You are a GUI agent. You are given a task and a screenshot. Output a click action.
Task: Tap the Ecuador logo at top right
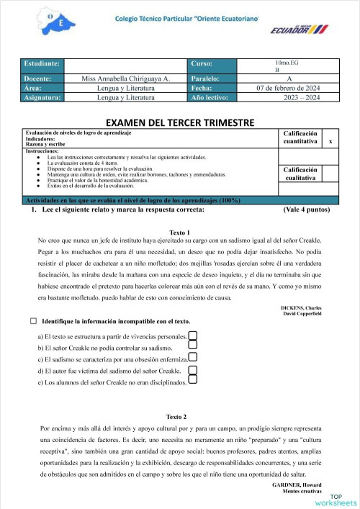tap(298, 28)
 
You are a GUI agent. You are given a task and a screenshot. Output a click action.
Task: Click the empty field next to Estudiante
tap(127, 65)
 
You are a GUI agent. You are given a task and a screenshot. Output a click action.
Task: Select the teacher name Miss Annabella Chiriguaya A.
tap(127, 78)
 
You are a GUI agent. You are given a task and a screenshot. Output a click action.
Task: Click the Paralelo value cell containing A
tap(289, 78)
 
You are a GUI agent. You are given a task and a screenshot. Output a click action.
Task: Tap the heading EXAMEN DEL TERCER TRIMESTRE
tap(179, 123)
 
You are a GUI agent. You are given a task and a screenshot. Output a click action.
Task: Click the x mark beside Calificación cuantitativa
tap(330, 143)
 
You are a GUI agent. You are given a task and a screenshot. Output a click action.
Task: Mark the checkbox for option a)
tap(192, 335)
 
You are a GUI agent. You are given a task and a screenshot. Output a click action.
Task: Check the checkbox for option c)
tap(192, 358)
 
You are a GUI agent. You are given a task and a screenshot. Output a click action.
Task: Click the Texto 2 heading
tap(176, 417)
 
